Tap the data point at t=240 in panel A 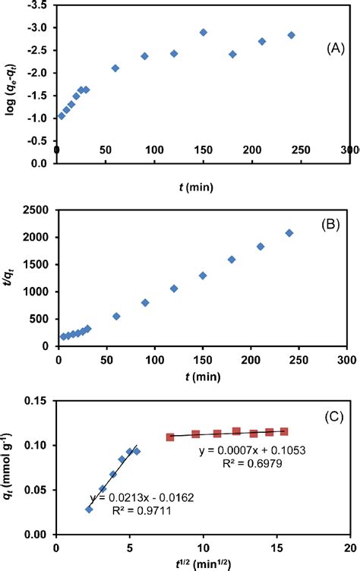(x=291, y=35)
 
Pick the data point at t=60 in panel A (x=115, y=68)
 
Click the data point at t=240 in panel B (x=289, y=233)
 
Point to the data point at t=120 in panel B (x=174, y=289)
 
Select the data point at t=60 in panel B (x=116, y=316)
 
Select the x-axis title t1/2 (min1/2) (x=202, y=564)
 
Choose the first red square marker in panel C (x=170, y=437)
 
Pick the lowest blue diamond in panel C (x=89, y=509)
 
